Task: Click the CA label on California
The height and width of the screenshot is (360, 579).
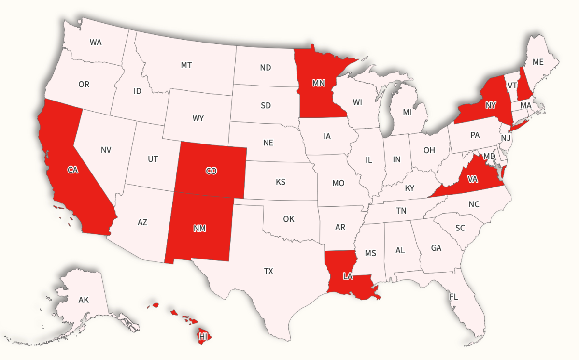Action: pyautogui.click(x=73, y=170)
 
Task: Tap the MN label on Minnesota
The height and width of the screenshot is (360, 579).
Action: pyautogui.click(x=318, y=83)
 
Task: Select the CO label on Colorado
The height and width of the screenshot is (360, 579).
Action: pyautogui.click(x=211, y=171)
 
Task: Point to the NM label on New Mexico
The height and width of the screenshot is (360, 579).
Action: pyautogui.click(x=199, y=228)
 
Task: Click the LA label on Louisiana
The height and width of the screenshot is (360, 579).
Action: pyautogui.click(x=348, y=276)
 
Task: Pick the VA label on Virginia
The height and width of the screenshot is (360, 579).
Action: pyautogui.click(x=473, y=179)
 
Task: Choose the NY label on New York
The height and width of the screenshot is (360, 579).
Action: pyautogui.click(x=491, y=105)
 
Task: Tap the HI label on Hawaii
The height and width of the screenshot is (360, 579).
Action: pyautogui.click(x=203, y=335)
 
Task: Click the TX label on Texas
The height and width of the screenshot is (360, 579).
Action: pyautogui.click(x=268, y=271)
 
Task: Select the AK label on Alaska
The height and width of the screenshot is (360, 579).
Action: pyautogui.click(x=84, y=300)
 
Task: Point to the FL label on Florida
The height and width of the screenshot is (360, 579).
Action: pyautogui.click(x=453, y=297)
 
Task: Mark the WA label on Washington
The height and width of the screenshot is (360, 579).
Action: pyautogui.click(x=96, y=42)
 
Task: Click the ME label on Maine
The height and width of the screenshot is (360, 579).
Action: pyautogui.click(x=538, y=62)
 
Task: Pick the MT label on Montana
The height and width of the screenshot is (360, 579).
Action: pyautogui.click(x=186, y=65)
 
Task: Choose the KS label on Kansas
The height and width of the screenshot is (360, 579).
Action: pyautogui.click(x=281, y=182)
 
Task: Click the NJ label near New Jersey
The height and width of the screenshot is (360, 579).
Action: pyautogui.click(x=506, y=138)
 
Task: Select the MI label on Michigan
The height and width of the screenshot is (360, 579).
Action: pyautogui.click(x=407, y=113)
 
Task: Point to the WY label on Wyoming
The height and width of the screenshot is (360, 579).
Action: pyautogui.click(x=198, y=118)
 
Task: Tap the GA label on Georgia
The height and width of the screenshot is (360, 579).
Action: pyautogui.click(x=436, y=248)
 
